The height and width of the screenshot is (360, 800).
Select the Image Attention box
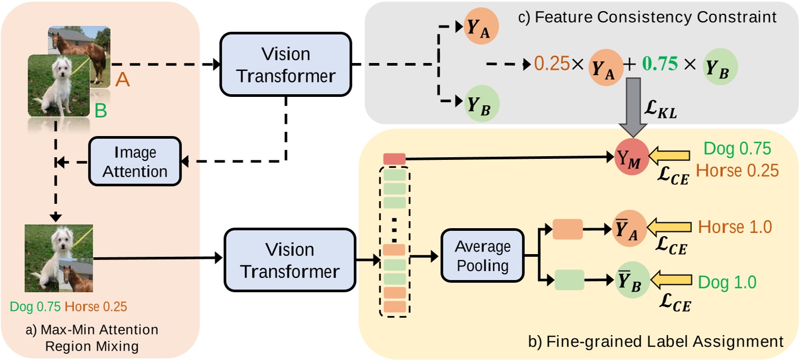pos(135,161)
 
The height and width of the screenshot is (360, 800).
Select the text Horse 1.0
pos(735,227)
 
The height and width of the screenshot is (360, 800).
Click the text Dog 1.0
pos(728,282)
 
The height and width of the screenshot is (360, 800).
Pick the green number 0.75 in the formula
pos(659,64)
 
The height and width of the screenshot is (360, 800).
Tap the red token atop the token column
pos(394,159)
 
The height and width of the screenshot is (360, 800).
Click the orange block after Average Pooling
pos(567,229)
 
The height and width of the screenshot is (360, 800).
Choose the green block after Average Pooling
pos(569,280)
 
